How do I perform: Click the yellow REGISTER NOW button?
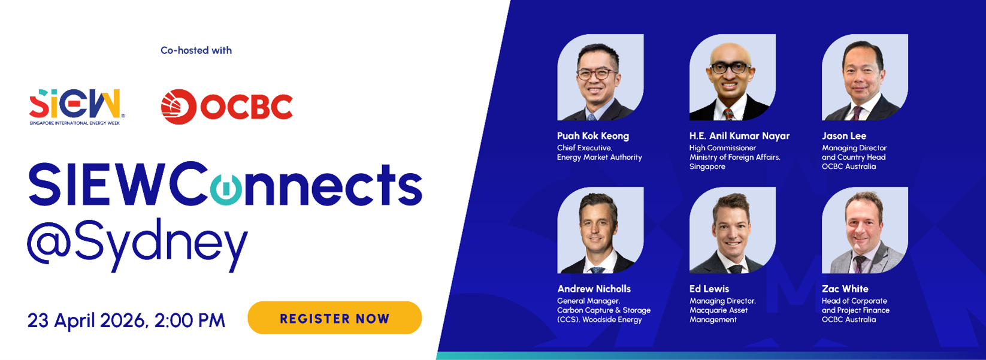334,317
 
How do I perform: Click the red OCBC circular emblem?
179,107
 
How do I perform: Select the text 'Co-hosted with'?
196,50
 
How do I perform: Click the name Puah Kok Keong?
593,136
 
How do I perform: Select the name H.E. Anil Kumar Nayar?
739,136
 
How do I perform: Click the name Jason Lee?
844,136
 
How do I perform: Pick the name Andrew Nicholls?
594,289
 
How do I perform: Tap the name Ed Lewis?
709,289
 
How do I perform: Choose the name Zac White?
845,289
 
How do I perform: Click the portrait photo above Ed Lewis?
733,230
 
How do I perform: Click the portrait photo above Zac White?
864,230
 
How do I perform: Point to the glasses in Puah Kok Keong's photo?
597,74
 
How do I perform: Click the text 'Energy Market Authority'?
600,157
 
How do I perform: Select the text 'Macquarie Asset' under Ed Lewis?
718,310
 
